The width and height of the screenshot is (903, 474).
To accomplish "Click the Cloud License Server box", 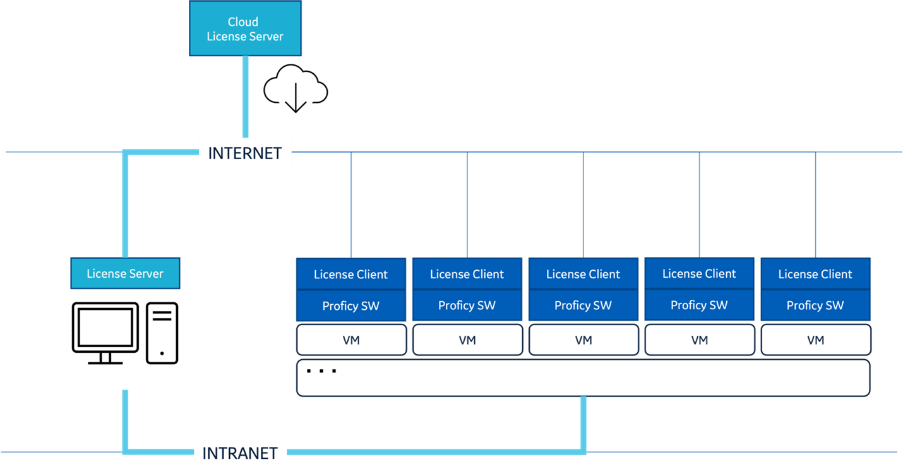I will [245, 28].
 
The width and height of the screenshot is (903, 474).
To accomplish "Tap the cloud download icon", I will [296, 89].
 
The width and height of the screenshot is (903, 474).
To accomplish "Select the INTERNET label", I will [245, 152].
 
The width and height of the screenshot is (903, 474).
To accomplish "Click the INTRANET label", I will [240, 453].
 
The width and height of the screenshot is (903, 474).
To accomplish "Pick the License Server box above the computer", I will [125, 273].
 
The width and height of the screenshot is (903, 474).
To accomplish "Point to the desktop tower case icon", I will [162, 333].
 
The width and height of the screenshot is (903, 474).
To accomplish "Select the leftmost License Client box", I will [351, 274].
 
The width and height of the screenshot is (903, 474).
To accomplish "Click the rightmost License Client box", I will [815, 274].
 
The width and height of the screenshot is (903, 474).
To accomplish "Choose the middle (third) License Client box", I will [583, 274].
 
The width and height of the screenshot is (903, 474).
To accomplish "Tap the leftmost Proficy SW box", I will [351, 305].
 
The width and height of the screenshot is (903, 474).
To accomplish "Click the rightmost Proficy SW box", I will [815, 305].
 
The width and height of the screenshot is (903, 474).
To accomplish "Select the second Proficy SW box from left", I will [467, 305].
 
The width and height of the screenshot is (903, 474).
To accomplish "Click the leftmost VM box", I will [351, 340].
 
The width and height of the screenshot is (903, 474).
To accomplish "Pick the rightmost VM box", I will [815, 340].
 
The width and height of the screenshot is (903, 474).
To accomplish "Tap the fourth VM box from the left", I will [699, 340].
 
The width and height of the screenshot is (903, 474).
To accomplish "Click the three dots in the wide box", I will [321, 371].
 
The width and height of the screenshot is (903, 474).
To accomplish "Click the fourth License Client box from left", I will [699, 273].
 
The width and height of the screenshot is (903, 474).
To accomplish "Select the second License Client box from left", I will [467, 274].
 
